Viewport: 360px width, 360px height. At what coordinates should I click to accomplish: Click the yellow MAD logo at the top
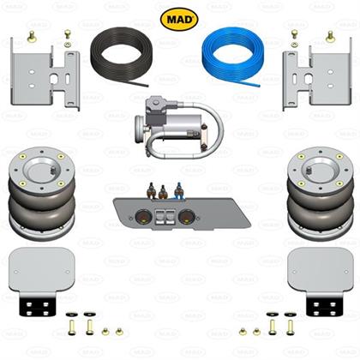click(179, 19)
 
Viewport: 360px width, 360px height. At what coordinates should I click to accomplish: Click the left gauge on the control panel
click(142, 216)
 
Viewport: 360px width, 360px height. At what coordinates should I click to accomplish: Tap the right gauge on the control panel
click(186, 216)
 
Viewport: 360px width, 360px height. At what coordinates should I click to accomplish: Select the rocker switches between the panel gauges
click(164, 216)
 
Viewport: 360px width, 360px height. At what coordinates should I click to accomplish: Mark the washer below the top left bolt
click(68, 44)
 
